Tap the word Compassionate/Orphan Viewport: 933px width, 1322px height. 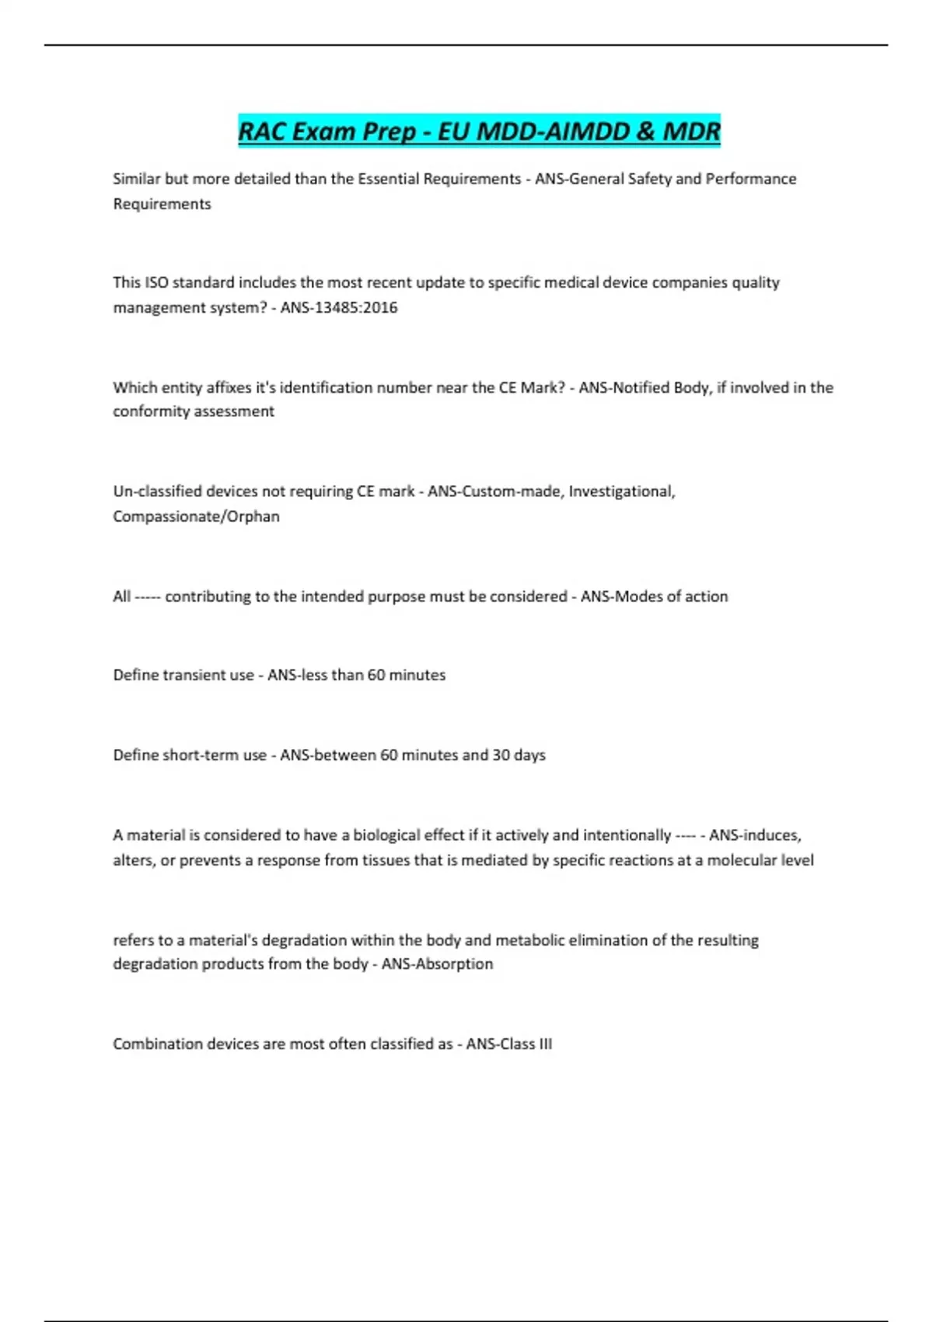[196, 516]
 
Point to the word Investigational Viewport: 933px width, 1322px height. [621, 491]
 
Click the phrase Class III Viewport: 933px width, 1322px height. [522, 1044]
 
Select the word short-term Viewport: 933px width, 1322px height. [215, 755]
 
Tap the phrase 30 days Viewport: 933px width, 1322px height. [519, 755]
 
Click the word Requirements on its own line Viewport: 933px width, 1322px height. [162, 204]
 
